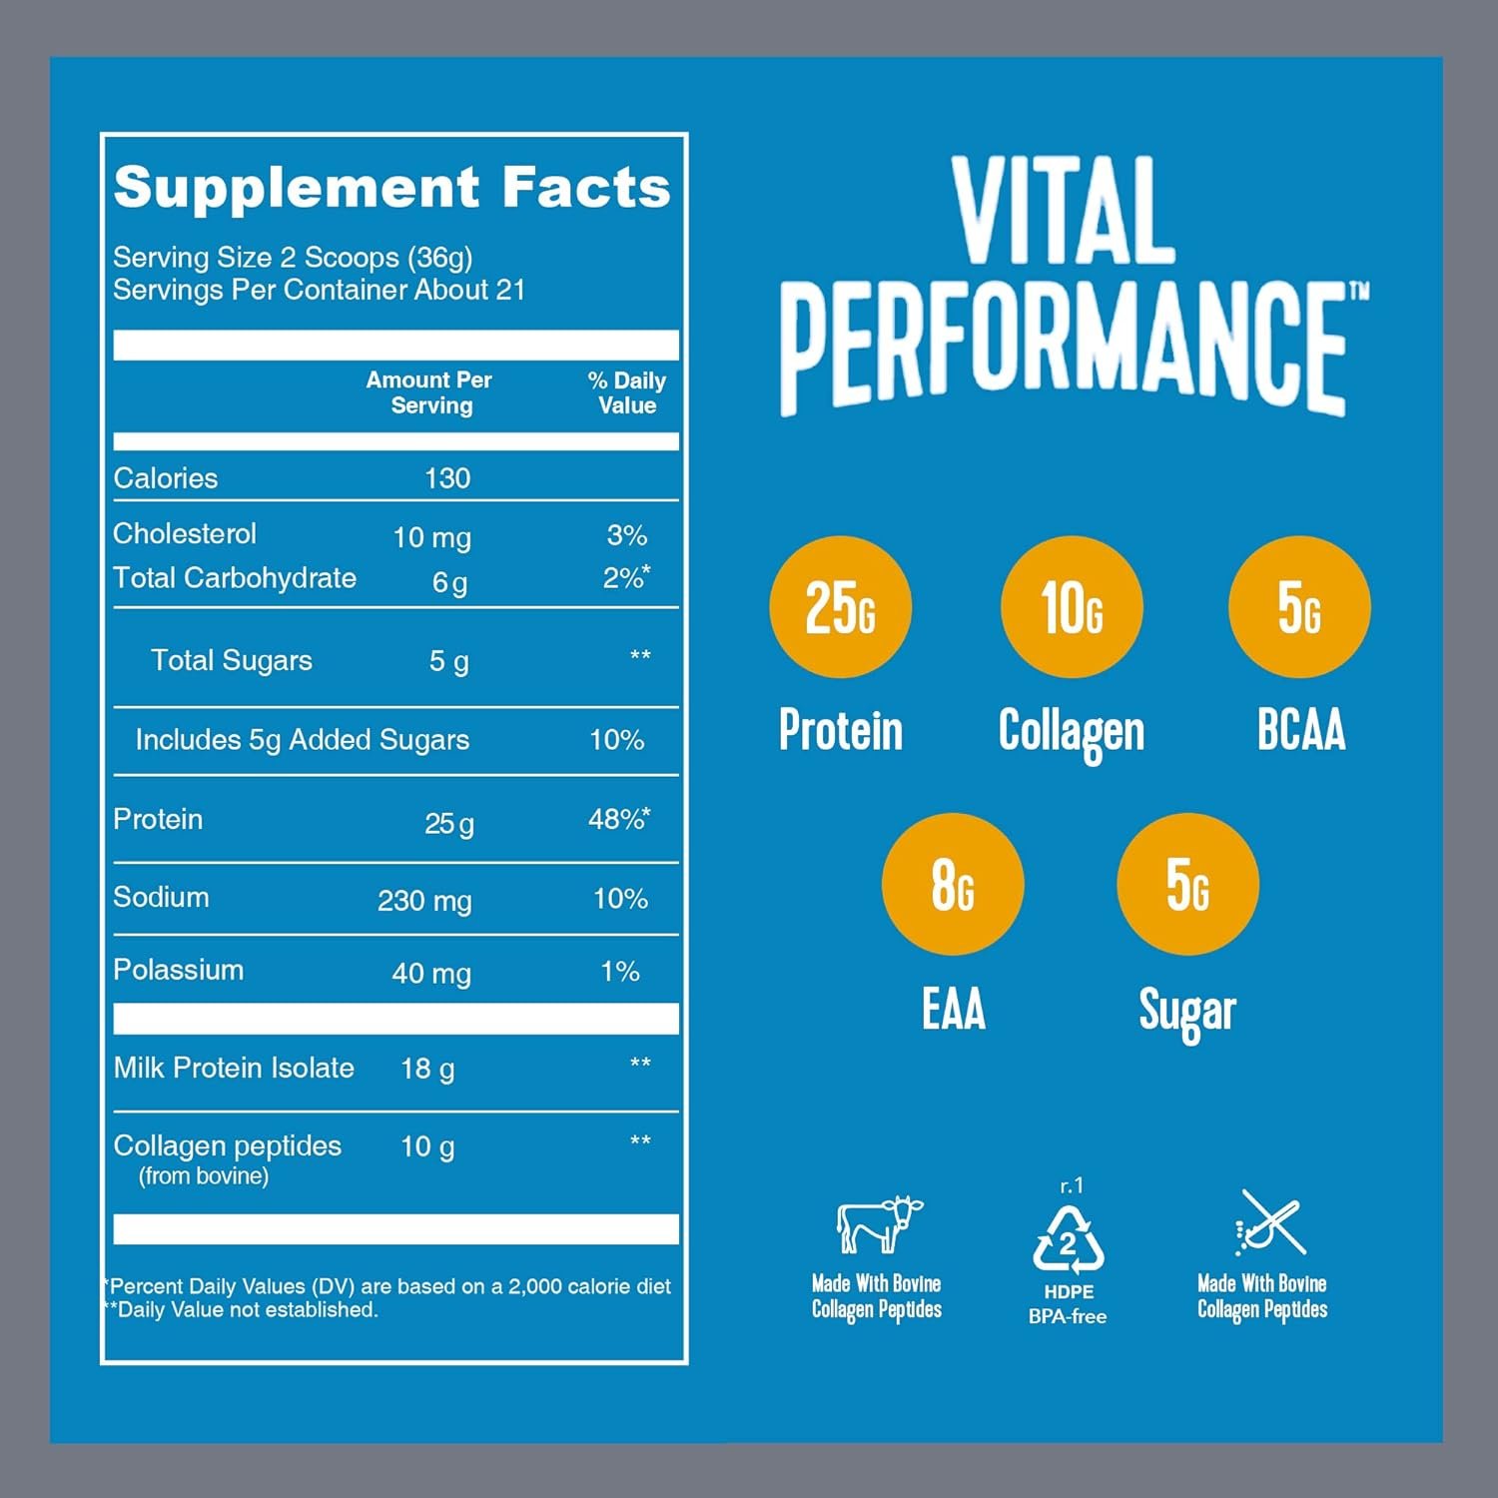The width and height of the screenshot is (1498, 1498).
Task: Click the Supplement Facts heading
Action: [x=391, y=188]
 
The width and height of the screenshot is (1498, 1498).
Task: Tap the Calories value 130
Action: [x=446, y=478]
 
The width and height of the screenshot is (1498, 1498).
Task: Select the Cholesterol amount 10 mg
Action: [x=431, y=537]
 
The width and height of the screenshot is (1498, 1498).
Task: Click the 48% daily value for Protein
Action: [x=618, y=820]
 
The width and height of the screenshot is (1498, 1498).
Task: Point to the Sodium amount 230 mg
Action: [x=424, y=901]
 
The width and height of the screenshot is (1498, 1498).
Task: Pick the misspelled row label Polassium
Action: [x=178, y=970]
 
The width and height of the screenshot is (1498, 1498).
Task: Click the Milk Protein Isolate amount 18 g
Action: [x=427, y=1069]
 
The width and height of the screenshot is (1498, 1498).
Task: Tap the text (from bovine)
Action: [x=204, y=1176]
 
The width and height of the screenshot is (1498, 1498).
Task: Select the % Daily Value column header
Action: [x=626, y=392]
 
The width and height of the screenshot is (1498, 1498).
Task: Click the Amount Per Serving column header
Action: [x=429, y=392]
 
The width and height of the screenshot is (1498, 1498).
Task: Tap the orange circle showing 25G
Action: [x=840, y=607]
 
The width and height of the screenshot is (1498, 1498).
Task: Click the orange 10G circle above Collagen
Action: [x=1071, y=607]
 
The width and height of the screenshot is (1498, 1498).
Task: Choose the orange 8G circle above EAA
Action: [x=952, y=885]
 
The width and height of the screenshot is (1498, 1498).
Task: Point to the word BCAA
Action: [x=1300, y=730]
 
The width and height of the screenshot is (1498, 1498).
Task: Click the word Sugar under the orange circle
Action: [x=1186, y=1011]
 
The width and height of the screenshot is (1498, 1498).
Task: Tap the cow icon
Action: [x=878, y=1223]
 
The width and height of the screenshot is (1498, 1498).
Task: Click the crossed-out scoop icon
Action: [x=1269, y=1222]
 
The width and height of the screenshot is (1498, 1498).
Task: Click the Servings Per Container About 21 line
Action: [x=319, y=291]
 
